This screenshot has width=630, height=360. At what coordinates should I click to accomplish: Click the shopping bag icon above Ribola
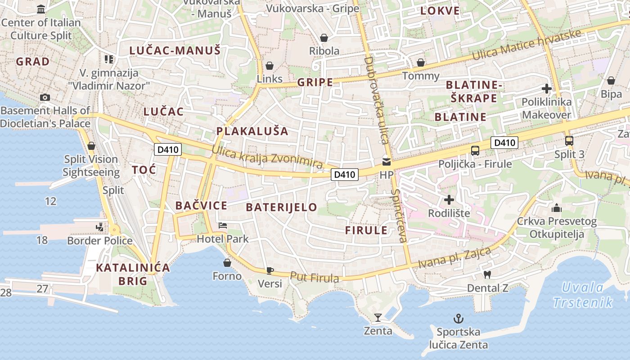[324, 38]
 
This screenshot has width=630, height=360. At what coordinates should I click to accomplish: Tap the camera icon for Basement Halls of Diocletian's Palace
[45, 97]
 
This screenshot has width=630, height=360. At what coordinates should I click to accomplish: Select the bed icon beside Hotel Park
[222, 225]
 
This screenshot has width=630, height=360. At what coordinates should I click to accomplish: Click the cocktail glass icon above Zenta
[378, 318]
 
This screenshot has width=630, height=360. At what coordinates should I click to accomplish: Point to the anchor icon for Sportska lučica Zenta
[458, 319]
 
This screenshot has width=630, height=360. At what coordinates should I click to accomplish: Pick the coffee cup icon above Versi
[270, 270]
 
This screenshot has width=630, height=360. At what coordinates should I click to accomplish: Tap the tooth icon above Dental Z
[487, 274]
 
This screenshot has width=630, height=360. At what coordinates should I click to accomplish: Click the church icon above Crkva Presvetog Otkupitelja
[557, 208]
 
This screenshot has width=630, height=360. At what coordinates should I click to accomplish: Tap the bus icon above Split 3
[569, 141]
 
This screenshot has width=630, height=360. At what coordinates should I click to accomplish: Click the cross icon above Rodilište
[449, 200]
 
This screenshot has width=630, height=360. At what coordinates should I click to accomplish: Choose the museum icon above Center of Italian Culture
[41, 9]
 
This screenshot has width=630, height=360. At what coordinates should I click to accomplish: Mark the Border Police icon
[100, 227]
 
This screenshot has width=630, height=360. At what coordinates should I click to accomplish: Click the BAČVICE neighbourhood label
[201, 206]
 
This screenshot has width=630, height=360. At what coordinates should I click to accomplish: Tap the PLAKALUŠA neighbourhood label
[252, 131]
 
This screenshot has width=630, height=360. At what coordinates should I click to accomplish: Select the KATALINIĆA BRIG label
[133, 274]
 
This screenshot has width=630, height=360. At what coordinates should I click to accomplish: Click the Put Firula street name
[315, 277]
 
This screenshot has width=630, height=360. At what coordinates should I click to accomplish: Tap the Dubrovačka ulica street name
[376, 100]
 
